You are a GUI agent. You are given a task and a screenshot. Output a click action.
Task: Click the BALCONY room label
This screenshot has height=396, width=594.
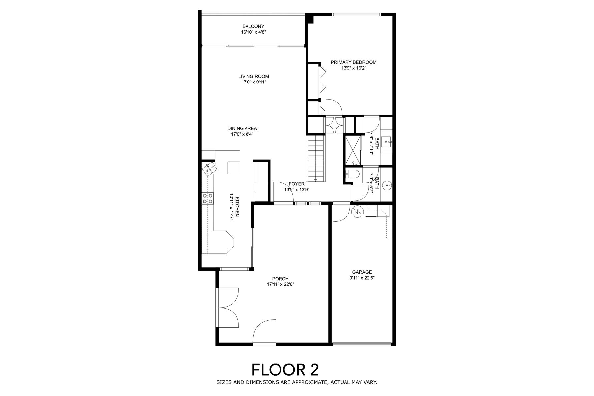pyautogui.click(x=253, y=26)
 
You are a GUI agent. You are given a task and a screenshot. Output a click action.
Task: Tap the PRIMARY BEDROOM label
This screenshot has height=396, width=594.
pyautogui.click(x=353, y=62)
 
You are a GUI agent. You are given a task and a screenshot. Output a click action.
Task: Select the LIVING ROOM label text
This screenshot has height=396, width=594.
pyautogui.click(x=253, y=76)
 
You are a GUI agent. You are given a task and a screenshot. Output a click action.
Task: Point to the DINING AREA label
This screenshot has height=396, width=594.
pyautogui.click(x=242, y=128)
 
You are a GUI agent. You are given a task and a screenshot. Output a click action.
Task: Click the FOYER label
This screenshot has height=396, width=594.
pyautogui.click(x=296, y=184)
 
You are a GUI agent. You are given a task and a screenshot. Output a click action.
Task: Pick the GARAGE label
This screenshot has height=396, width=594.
pyautogui.click(x=362, y=272)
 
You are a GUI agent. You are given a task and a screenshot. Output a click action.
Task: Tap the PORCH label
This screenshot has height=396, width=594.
pyautogui.click(x=280, y=279)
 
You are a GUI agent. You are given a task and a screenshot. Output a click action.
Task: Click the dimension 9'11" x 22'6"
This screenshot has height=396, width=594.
pyautogui.click(x=362, y=278)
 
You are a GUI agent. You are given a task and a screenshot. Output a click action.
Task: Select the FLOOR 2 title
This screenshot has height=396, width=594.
pyautogui.click(x=285, y=370)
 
